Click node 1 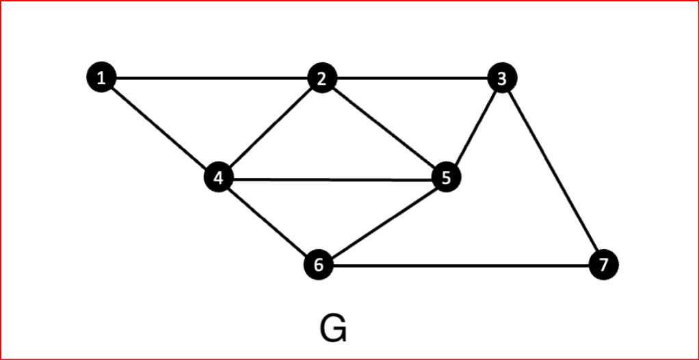102,77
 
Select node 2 321,79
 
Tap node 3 502,78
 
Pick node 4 219,179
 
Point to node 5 446,179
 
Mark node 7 603,264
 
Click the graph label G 333,329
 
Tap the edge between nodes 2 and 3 412,78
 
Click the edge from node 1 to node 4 160,128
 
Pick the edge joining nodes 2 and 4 270,129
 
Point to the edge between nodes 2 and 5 384,129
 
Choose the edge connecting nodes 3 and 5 474,129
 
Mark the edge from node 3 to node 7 553,171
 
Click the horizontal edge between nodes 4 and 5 332,179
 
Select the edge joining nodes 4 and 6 269,222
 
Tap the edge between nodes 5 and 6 382,222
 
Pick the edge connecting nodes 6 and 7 461,265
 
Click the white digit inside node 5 446,179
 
